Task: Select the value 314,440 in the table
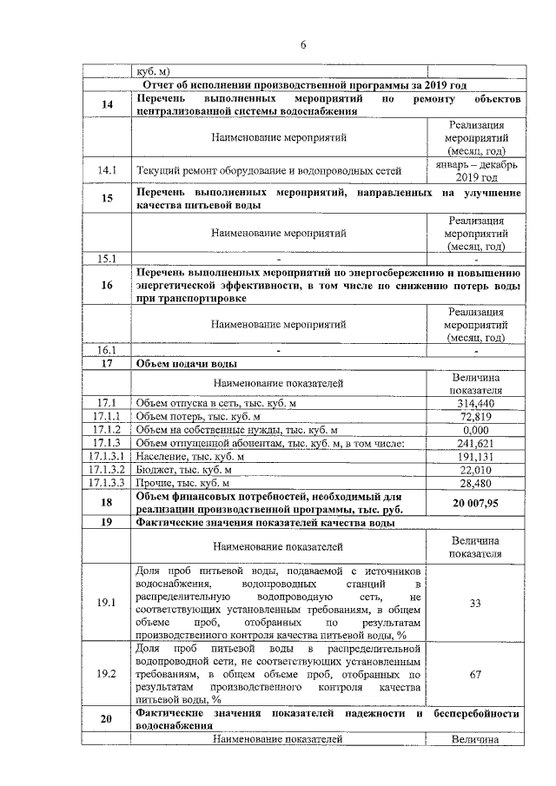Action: pyautogui.click(x=475, y=404)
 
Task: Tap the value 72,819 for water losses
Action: pyautogui.click(x=475, y=417)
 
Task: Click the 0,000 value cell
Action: pyautogui.click(x=475, y=430)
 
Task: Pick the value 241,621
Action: pyautogui.click(x=475, y=443)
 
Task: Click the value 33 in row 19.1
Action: pyautogui.click(x=475, y=604)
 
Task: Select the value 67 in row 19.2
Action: pyautogui.click(x=475, y=673)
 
